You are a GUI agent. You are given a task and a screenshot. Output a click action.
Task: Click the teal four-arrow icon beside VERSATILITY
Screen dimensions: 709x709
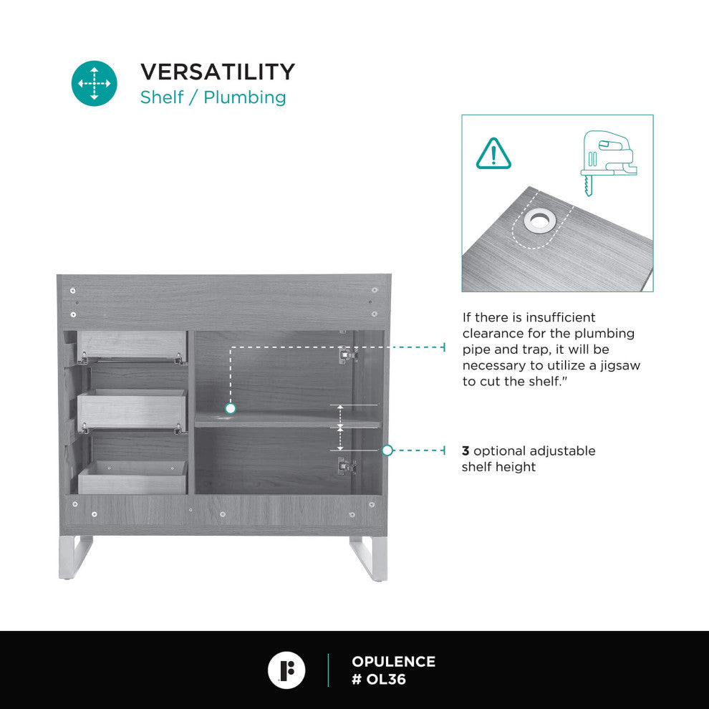[x=94, y=83]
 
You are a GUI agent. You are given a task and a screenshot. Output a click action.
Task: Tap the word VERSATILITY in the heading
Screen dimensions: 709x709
[x=218, y=72]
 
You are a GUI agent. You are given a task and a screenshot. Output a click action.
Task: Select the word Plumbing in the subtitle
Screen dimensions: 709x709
[x=245, y=97]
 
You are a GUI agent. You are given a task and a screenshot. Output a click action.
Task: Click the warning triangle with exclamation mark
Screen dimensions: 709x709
[x=493, y=154]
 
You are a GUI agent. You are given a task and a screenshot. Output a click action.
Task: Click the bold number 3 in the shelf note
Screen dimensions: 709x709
[x=466, y=450]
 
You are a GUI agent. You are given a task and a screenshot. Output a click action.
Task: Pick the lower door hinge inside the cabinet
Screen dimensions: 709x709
[x=347, y=466]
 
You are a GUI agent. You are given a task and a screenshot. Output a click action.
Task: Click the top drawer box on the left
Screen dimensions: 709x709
[x=132, y=347]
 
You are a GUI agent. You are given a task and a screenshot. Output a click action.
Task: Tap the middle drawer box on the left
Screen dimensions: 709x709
[x=132, y=409]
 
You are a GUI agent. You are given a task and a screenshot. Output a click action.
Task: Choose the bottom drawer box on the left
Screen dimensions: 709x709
[x=133, y=478]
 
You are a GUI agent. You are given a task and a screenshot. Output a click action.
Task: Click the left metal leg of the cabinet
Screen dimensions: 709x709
[x=75, y=557]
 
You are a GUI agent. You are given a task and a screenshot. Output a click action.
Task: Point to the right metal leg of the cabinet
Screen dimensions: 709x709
[x=370, y=558]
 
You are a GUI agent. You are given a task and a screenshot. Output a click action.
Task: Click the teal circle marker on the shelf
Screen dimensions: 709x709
[x=230, y=408]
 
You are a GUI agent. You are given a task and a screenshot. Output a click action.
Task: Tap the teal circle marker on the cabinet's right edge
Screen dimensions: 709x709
[x=387, y=450]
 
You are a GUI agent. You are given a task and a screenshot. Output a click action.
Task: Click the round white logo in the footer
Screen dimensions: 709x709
[x=286, y=670]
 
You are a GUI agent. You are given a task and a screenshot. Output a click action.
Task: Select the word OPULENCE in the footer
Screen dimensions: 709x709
[x=393, y=662]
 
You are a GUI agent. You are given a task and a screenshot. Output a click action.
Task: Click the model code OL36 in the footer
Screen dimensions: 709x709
[x=386, y=679]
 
